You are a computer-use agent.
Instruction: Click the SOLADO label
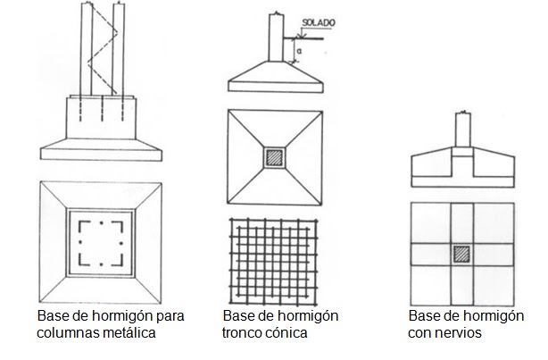pyautogui.click(x=319, y=22)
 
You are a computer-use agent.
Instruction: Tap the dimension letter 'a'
pyautogui.click(x=299, y=51)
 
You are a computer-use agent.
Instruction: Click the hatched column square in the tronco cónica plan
pyautogui.click(x=274, y=158)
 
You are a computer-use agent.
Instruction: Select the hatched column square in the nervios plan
pyautogui.click(x=461, y=255)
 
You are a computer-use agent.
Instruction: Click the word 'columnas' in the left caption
pyautogui.click(x=64, y=332)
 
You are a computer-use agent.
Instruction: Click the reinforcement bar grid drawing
pyautogui.click(x=274, y=262)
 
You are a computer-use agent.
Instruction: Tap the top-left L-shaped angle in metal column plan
pyautogui.click(x=85, y=226)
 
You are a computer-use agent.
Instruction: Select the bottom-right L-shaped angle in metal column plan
pyautogui.click(x=117, y=260)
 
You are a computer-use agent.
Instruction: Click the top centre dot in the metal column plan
pyautogui.click(x=102, y=222)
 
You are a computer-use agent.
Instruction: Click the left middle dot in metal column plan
pyautogui.click(x=80, y=242)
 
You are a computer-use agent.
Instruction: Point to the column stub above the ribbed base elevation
pyautogui.click(x=463, y=130)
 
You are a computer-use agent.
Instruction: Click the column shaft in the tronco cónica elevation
pyautogui.click(x=277, y=38)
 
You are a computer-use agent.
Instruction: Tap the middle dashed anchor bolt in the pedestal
pyautogui.click(x=102, y=108)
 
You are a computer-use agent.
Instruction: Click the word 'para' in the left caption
pyautogui.click(x=170, y=316)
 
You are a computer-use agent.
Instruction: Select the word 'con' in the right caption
pyautogui.click(x=419, y=332)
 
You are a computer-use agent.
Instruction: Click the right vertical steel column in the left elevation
pyautogui.click(x=119, y=48)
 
